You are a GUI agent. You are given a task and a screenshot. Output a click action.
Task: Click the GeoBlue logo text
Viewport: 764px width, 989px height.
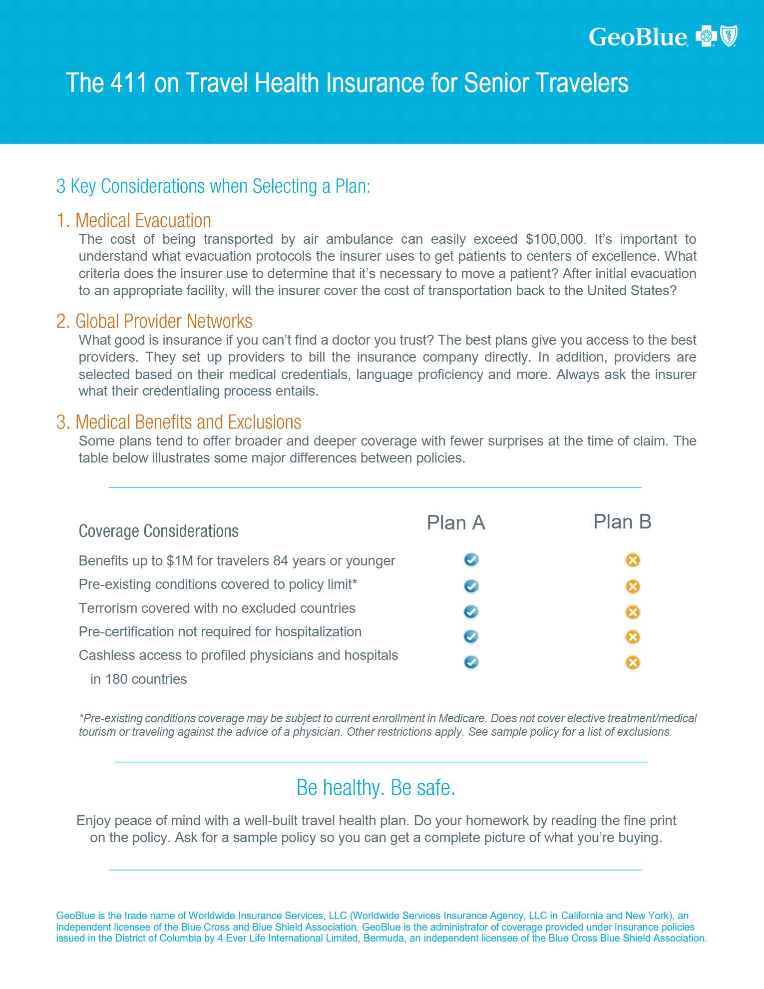point(638,37)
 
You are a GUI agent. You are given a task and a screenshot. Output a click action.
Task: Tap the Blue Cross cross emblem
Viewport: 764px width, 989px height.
point(706,36)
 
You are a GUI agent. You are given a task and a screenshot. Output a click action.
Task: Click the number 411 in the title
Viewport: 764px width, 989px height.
point(129,83)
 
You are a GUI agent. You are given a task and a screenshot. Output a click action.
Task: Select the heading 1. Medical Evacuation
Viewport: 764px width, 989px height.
point(134,220)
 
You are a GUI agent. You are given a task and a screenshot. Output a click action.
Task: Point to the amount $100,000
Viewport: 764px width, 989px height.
point(554,239)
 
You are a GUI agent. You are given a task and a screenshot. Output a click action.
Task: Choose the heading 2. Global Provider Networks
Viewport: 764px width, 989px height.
point(154,321)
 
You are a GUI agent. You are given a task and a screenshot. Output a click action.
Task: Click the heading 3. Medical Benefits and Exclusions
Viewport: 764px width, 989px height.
point(179,422)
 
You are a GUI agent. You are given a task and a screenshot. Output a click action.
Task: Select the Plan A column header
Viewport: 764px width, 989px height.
point(456,523)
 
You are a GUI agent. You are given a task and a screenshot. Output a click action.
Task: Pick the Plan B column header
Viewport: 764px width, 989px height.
point(622,522)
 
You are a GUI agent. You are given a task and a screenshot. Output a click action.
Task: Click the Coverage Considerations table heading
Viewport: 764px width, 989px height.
point(159,531)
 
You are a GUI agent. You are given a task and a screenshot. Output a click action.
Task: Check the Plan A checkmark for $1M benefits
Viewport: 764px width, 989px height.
point(471,560)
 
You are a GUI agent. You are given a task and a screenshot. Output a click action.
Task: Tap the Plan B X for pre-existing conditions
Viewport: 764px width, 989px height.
point(633,586)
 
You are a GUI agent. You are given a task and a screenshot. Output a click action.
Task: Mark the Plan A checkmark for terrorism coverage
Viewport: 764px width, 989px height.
point(471,612)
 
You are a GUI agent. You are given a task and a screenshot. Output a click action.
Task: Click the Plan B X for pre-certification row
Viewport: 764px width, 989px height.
point(633,637)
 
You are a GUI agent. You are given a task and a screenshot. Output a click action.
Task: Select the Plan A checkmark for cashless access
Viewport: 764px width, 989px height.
point(471,662)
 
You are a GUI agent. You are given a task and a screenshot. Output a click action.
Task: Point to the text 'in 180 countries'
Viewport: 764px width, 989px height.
point(138,679)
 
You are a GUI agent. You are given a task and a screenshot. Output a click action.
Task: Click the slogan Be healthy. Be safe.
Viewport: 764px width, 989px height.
point(376,788)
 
